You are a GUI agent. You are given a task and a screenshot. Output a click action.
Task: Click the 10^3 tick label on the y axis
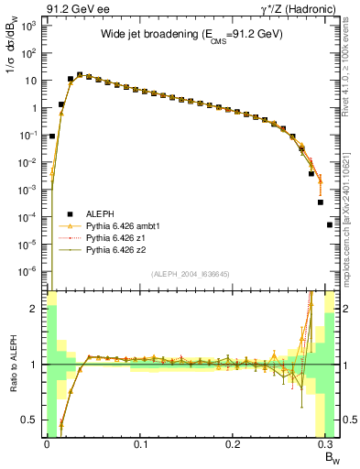28,26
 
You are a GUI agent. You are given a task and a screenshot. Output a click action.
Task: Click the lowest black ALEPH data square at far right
330,224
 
